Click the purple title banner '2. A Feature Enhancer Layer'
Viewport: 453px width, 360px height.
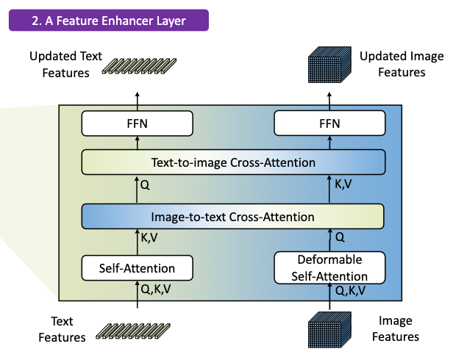(x=109, y=20)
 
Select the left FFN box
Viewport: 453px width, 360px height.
(x=138, y=123)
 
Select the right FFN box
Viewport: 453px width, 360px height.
(x=329, y=123)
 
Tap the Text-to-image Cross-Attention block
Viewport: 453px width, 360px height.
(x=233, y=162)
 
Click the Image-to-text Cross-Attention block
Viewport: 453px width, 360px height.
(x=233, y=217)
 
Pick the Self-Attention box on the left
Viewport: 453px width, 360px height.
(x=138, y=268)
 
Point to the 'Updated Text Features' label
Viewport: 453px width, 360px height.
(x=60, y=64)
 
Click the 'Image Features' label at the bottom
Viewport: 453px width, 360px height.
(x=397, y=329)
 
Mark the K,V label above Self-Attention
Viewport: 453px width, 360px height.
(x=150, y=239)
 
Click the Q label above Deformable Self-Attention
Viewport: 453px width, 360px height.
(x=339, y=238)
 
